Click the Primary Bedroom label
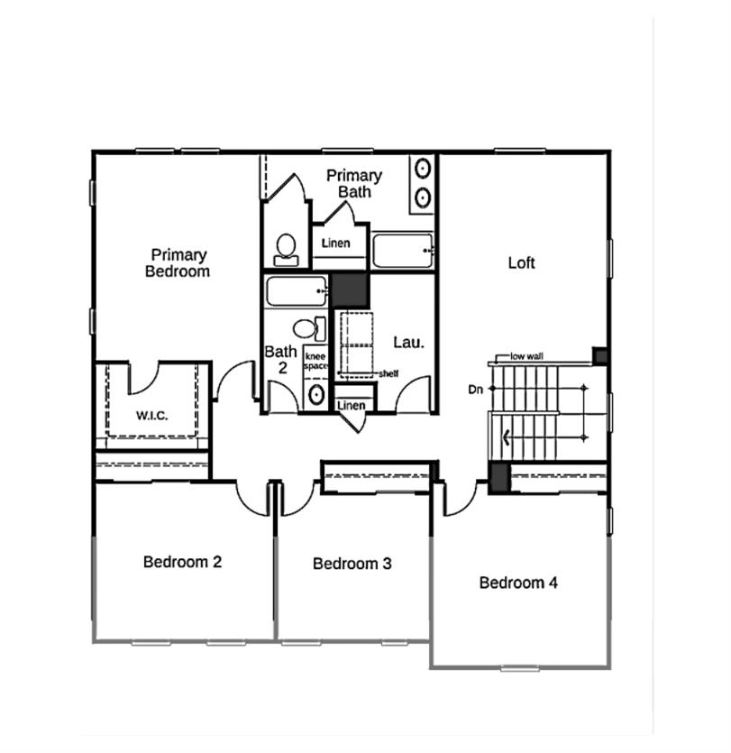(x=178, y=262)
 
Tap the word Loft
(x=521, y=262)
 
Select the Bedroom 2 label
(x=182, y=562)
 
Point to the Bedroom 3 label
(x=352, y=564)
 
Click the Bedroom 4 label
(x=518, y=583)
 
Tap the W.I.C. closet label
(x=152, y=416)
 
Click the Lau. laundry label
(x=408, y=343)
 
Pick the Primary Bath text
(x=353, y=183)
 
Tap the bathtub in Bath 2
(x=296, y=291)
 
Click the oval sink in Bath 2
(x=315, y=394)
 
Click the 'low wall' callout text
(x=526, y=357)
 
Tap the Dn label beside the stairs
(x=477, y=390)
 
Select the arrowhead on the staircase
(x=508, y=439)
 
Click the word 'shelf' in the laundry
(x=388, y=373)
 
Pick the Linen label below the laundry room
(x=352, y=406)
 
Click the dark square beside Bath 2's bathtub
(x=350, y=290)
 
